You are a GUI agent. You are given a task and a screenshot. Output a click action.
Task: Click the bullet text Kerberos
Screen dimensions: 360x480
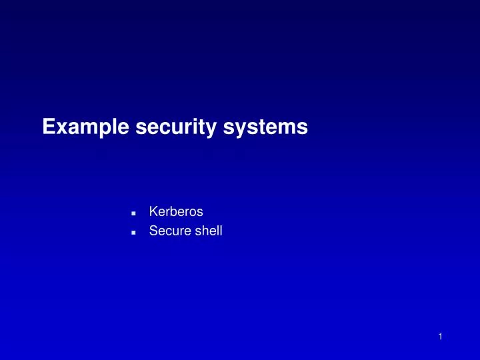[x=176, y=212]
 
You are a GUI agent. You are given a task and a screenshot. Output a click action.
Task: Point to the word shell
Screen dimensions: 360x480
[x=207, y=232]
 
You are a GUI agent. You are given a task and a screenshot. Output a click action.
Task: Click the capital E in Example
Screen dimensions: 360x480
[x=48, y=127]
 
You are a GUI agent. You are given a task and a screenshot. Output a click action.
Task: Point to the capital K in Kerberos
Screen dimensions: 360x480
[x=153, y=212]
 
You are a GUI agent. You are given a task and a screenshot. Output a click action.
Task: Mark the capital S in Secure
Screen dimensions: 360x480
[x=153, y=232]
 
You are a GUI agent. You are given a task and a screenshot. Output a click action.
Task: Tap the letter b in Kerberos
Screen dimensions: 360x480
[x=172, y=212]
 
